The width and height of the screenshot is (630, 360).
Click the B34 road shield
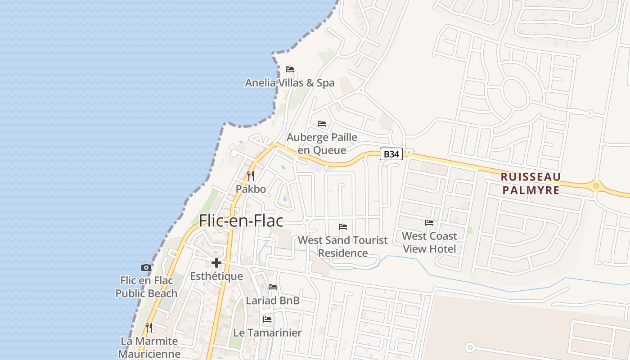(x=391, y=154)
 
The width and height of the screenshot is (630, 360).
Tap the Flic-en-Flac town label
(x=241, y=220)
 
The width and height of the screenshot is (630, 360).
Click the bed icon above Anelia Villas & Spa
(x=290, y=69)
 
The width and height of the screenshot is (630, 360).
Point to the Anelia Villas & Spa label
(x=290, y=83)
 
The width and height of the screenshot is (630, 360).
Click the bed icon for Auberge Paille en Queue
(x=322, y=124)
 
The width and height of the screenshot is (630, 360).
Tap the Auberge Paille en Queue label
(x=322, y=144)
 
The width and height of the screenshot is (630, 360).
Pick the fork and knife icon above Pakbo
(x=251, y=175)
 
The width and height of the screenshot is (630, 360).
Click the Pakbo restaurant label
(x=251, y=189)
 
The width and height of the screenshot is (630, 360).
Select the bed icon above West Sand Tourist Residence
(x=343, y=227)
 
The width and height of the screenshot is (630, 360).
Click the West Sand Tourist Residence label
(x=343, y=246)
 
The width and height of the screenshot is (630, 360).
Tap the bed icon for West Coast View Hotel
(x=429, y=223)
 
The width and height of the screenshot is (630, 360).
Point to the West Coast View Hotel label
(x=429, y=242)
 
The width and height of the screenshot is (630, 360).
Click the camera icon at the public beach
(x=146, y=268)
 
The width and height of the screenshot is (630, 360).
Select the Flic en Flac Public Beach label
(x=146, y=287)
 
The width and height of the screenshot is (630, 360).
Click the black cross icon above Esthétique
(x=216, y=263)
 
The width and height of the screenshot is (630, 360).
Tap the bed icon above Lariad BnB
(x=273, y=287)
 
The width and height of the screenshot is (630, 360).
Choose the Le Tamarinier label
(x=267, y=333)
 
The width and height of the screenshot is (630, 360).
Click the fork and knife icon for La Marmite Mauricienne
(x=149, y=327)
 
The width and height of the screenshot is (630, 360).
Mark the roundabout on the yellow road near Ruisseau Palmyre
(x=596, y=185)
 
